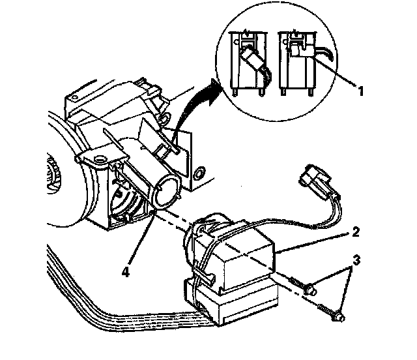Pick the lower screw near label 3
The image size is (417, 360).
point(332,313)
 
